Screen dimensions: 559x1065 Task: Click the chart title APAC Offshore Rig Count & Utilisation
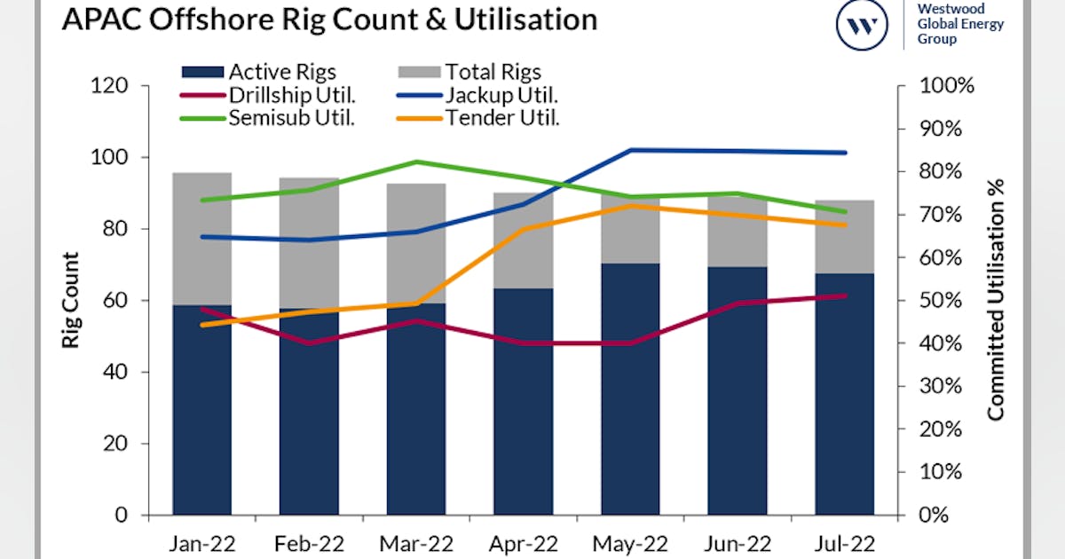pos(328,20)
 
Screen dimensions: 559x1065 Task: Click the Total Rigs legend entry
pos(470,72)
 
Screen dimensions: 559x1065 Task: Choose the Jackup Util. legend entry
pos(470,95)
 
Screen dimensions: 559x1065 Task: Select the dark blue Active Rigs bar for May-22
pos(630,390)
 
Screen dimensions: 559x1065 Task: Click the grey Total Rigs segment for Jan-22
pos(202,240)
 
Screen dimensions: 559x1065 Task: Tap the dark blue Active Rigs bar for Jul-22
pos(844,395)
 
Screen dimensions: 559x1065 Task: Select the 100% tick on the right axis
pos(949,86)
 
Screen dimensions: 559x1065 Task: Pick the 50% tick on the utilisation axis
pos(943,301)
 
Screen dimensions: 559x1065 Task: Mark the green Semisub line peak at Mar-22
pos(416,161)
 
